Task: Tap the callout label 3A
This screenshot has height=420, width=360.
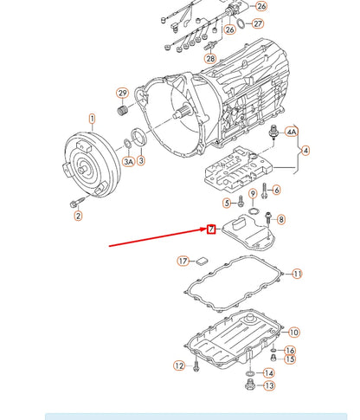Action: coord(128,162)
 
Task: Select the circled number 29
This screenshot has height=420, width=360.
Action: coord(122,94)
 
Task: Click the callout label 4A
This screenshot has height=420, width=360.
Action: coord(292,132)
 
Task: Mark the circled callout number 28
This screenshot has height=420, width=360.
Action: coord(209,57)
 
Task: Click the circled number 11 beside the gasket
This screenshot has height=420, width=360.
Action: coord(297,274)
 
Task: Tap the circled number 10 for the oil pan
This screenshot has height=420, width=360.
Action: coord(293,332)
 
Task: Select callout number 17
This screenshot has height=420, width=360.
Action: coord(183,261)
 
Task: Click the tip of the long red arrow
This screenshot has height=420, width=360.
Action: coord(206,229)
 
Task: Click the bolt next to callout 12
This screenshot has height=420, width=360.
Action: coord(196,366)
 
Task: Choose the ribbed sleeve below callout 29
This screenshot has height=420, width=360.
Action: coord(123,111)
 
